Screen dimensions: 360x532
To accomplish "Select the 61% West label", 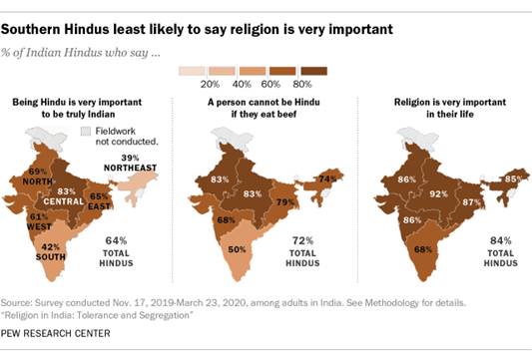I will coord(38,215).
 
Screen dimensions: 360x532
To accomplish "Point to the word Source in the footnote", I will coord(23,300).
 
